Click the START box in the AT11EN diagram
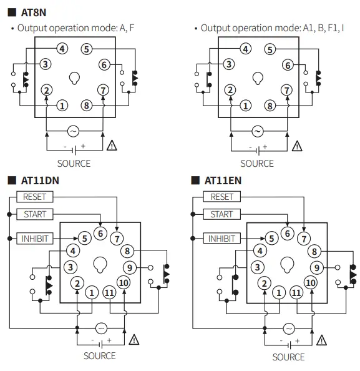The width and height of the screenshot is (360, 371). point(221,215)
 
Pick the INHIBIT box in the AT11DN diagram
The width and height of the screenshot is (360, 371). point(35,239)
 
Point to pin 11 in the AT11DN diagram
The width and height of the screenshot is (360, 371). point(109,292)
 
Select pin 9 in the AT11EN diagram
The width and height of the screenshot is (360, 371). point(316,268)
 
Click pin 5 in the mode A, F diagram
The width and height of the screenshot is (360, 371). point(86,49)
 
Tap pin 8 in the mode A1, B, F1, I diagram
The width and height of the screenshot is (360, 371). point(270,106)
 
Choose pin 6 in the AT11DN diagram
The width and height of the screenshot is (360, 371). point(100,234)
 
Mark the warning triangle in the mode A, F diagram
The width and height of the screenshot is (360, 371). point(112,146)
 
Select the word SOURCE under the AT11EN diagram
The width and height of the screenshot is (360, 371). point(288,357)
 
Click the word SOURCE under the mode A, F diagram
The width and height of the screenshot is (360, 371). point(74,164)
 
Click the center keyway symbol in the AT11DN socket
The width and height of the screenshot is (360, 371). point(99,265)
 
